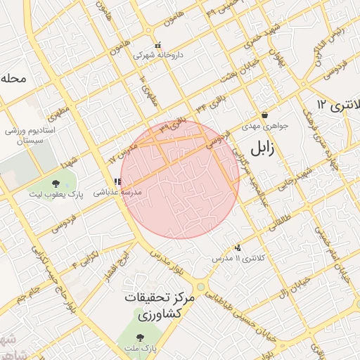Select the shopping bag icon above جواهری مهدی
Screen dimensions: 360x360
click(264, 115)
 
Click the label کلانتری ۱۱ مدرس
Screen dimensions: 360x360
click(239, 259)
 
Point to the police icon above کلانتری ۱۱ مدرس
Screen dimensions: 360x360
click(238, 247)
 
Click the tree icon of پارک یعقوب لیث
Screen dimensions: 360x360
click(56, 184)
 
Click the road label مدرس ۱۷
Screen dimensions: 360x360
click(121, 153)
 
